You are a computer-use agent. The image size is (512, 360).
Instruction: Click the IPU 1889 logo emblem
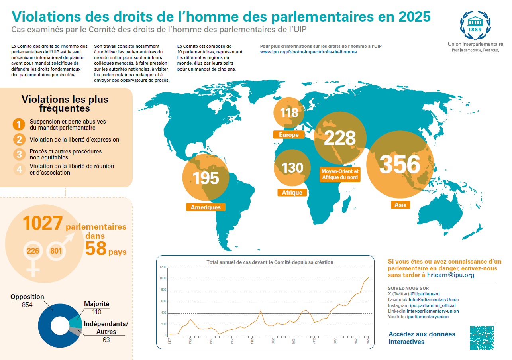pyautogui.click(x=474, y=24)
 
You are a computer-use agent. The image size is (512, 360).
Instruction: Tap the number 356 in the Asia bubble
pyautogui.click(x=400, y=164)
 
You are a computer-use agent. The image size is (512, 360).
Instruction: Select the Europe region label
pyautogui.click(x=289, y=135)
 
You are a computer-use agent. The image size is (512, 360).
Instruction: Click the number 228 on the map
pyautogui.click(x=339, y=138)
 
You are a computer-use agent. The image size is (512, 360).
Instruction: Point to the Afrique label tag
pyautogui.click(x=292, y=193)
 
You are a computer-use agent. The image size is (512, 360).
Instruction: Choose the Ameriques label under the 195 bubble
pyautogui.click(x=206, y=207)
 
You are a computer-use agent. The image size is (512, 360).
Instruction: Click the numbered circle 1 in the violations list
pyautogui.click(x=18, y=124)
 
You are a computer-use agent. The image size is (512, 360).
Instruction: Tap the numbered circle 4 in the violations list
pyautogui.click(x=18, y=169)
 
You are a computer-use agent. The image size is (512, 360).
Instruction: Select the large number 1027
pyautogui.click(x=43, y=224)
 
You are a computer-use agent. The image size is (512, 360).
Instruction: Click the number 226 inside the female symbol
pyautogui.click(x=33, y=251)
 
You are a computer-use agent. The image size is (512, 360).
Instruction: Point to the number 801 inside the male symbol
pyautogui.click(x=56, y=251)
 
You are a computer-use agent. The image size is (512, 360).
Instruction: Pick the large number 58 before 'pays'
pyautogui.click(x=96, y=248)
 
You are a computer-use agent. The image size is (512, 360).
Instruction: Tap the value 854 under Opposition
pyautogui.click(x=27, y=305)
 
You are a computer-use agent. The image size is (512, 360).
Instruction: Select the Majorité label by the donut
pyautogui.click(x=96, y=304)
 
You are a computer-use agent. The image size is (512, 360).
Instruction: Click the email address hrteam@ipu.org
pyautogui.click(x=451, y=275)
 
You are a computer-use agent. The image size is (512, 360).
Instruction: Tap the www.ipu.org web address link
pyautogui.click(x=308, y=52)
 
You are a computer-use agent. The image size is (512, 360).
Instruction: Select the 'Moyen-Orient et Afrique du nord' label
pyautogui.click(x=340, y=174)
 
